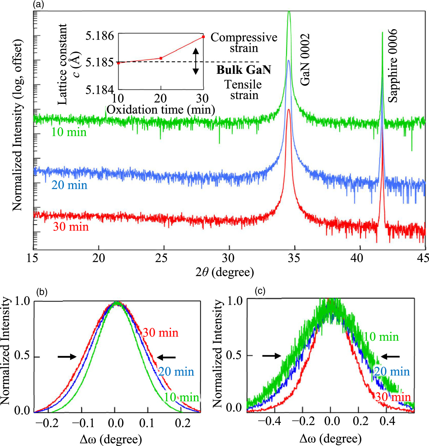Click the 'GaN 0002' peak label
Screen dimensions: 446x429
point(305,60)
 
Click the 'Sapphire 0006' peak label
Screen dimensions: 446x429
point(393,66)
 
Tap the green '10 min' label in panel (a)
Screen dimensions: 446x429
point(69,132)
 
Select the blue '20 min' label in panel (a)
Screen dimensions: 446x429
point(69,185)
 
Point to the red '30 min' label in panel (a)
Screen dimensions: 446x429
point(71,227)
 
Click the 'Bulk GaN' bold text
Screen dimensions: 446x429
point(244,70)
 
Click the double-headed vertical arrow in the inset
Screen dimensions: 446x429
point(196,61)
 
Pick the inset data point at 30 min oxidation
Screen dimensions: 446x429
point(203,37)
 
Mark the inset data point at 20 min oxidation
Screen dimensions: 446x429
point(161,58)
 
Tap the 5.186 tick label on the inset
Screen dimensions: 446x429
point(100,36)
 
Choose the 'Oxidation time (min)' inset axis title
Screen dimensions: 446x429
point(161,110)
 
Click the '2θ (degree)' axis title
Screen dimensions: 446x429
point(225,272)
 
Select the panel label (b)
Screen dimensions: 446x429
point(42,292)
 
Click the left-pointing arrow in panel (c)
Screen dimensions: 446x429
point(390,356)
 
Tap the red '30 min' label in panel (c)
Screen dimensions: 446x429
point(393,397)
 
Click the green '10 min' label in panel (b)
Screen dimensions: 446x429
point(181,397)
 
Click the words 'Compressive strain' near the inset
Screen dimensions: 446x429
point(244,43)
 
